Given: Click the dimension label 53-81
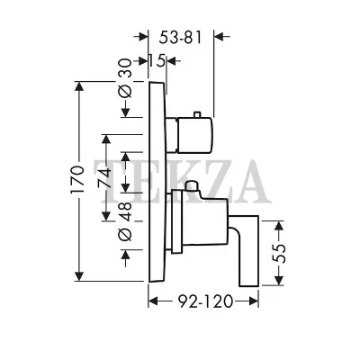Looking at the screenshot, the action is pyautogui.click(x=180, y=37).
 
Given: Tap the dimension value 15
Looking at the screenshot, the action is pyautogui.click(x=157, y=61).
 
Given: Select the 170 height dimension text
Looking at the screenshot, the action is pyautogui.click(x=77, y=179).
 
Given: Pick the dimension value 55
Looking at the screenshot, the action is pyautogui.click(x=279, y=254).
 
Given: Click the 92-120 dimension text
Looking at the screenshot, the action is pyautogui.click(x=205, y=301).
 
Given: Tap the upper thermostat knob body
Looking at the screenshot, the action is pyautogui.click(x=195, y=134).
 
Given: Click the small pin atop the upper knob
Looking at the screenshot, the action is pyautogui.click(x=197, y=114).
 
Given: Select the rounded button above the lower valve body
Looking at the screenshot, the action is pyautogui.click(x=192, y=186).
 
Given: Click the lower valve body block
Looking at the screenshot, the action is pyautogui.click(x=200, y=221).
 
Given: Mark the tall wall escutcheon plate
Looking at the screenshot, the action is pyautogui.click(x=157, y=181).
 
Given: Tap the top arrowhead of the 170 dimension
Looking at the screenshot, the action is pyautogui.click(x=79, y=86).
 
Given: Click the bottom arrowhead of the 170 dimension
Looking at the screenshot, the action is pyautogui.click(x=79, y=276).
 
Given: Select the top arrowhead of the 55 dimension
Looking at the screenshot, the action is pyautogui.click(x=279, y=226).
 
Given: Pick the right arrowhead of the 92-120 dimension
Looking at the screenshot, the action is pyautogui.click(x=254, y=301).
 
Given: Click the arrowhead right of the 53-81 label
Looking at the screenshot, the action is pyautogui.click(x=220, y=37).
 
